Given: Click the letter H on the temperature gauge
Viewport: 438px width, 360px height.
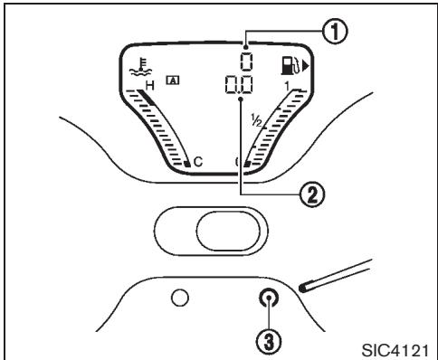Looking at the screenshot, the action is tap(150, 85).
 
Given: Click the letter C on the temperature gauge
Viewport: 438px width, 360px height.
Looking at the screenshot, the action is tap(198, 163).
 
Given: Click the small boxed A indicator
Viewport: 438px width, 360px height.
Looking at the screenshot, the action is tap(172, 80).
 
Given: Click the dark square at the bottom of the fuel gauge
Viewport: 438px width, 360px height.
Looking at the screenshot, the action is tap(246, 164).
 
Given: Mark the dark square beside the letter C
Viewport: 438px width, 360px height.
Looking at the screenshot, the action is tap(186, 164).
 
